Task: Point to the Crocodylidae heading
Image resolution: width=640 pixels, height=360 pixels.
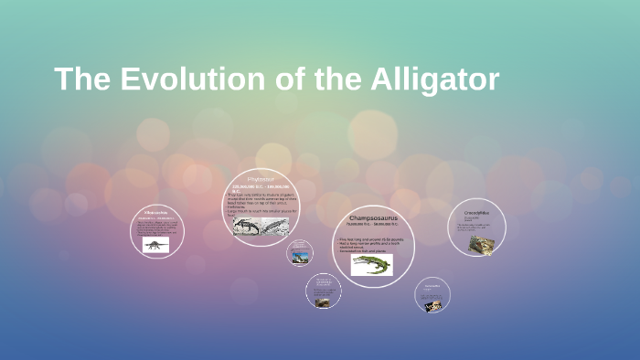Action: pos(476,212)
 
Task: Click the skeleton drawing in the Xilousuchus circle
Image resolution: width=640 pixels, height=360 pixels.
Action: pos(156,245)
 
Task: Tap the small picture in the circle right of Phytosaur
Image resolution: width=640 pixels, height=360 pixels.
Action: pos(301,258)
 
